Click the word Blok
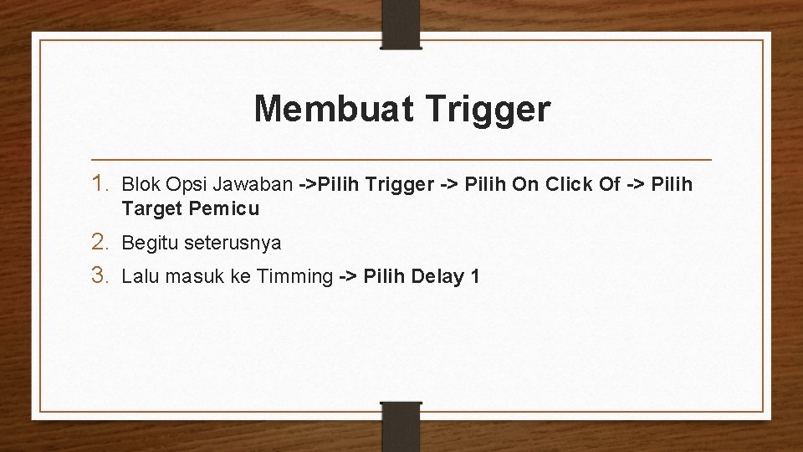coord(140,183)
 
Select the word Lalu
coord(140,276)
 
